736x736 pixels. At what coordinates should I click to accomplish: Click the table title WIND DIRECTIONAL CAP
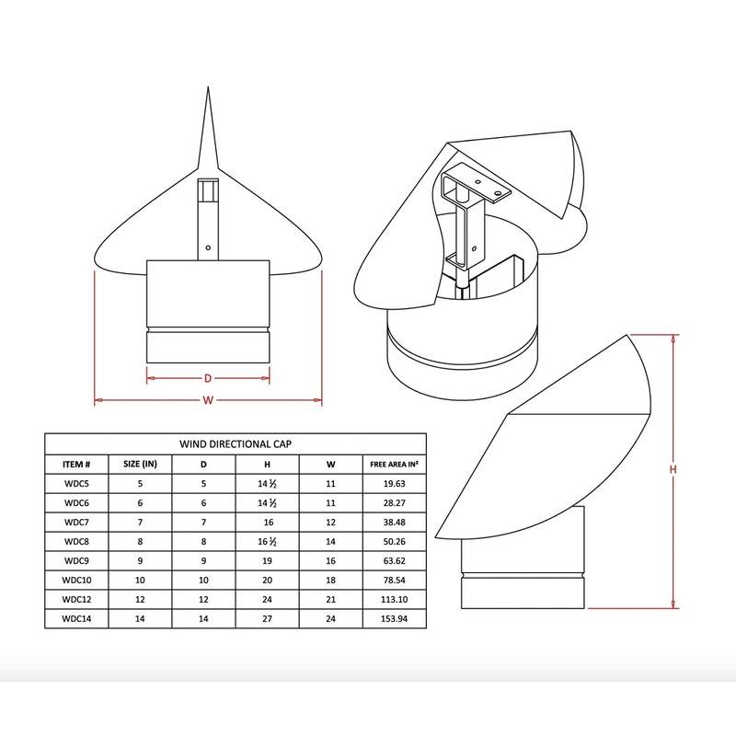(236, 442)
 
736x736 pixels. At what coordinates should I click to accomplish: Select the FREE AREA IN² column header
(387, 463)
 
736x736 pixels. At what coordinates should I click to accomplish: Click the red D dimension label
(208, 377)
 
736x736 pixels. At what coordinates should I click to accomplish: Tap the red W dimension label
(208, 400)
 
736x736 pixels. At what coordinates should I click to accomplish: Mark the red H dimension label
(673, 470)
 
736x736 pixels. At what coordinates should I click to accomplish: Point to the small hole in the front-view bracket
(209, 247)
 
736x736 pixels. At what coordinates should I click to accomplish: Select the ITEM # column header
(76, 463)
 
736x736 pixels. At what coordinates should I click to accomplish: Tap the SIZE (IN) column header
(141, 463)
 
